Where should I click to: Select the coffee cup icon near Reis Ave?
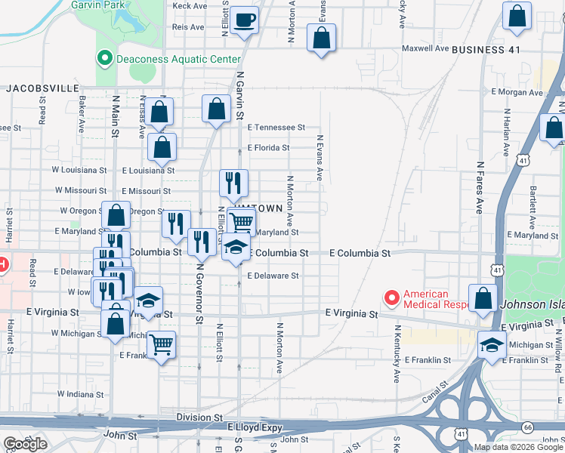coord(245,20)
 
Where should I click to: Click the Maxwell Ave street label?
coord(425,48)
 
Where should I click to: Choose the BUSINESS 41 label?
coord(486,49)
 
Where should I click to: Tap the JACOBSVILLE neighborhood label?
coord(38,88)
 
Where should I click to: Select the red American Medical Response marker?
coord(391,299)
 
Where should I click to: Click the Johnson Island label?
coord(533,305)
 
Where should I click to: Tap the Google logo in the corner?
coord(25,444)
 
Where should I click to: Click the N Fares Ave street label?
coord(479,186)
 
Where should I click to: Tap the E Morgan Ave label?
coord(517,93)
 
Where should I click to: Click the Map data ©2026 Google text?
coord(519,447)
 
